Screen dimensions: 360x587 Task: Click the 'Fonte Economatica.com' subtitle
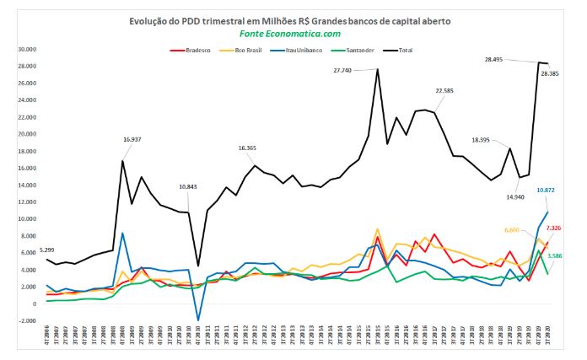292,34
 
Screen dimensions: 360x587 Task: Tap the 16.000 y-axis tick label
29,169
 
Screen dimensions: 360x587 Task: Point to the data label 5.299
50,250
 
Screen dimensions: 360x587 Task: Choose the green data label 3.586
555,255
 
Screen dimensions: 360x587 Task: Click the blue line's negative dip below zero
198,320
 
